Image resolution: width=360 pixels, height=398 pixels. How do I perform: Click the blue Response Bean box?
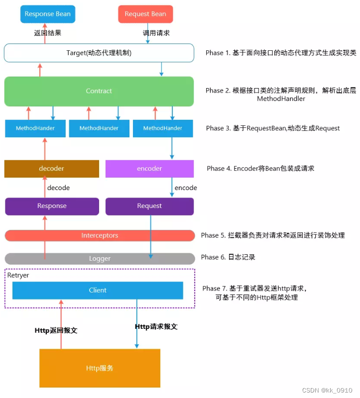(47, 14)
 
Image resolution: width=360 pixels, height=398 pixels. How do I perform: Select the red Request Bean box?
(145, 14)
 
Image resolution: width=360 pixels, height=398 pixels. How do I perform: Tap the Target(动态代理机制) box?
(99, 53)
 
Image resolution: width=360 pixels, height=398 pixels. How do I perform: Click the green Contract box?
(99, 91)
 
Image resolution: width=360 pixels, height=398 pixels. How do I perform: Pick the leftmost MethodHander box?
(35, 128)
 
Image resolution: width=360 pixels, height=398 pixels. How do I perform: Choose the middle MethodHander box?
(99, 128)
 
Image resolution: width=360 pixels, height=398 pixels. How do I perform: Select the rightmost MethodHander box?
(163, 128)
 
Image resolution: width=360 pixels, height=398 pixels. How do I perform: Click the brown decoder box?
(51, 169)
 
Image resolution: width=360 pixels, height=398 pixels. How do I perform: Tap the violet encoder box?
(149, 169)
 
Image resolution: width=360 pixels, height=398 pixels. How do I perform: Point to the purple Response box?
(51, 206)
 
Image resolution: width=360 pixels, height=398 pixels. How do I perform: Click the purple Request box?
(149, 206)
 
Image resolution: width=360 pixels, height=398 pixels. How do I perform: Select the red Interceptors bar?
(100, 235)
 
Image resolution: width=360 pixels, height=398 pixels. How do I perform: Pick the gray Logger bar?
(100, 259)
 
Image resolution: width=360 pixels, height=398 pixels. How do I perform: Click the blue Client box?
(98, 290)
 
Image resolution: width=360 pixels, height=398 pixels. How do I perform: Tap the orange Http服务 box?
(100, 368)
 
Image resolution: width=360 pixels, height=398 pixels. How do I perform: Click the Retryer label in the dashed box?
(18, 275)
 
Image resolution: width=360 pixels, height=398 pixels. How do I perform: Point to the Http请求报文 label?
(156, 327)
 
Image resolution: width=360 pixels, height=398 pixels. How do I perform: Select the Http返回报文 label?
(56, 330)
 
